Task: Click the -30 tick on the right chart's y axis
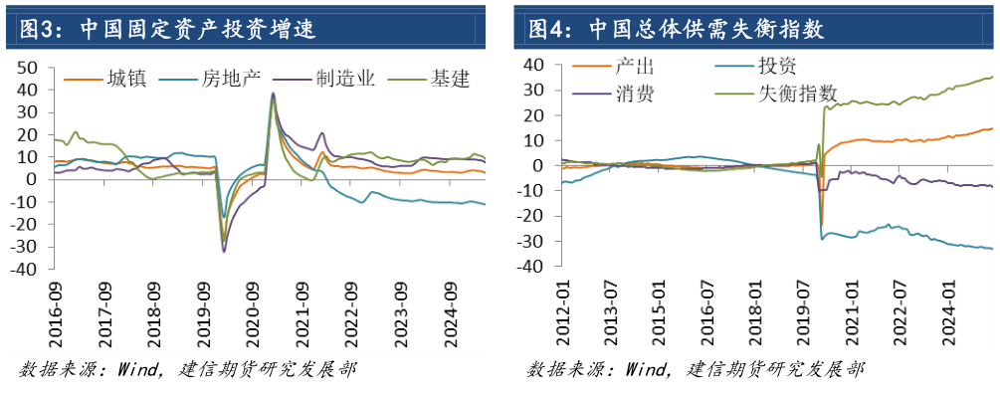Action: point(535,242)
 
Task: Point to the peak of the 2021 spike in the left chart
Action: point(273,95)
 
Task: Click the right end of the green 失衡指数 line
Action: point(992,77)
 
